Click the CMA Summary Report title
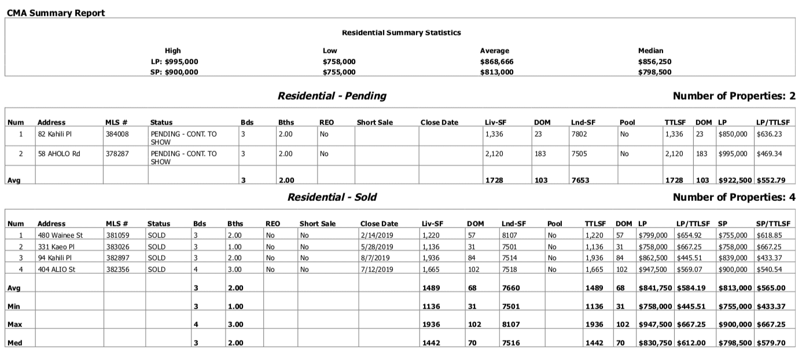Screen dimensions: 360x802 pos(56,13)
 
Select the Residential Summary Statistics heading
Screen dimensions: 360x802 pos(401,33)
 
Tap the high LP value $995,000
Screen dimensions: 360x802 pos(174,61)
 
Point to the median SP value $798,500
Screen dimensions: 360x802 pos(654,72)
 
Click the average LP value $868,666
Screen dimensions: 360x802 pos(496,61)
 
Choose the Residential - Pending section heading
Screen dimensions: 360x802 pos(332,96)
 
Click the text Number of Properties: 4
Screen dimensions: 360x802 pos(734,197)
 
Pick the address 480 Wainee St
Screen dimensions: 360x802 pos(60,236)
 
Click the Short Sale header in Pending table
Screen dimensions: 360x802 pos(374,122)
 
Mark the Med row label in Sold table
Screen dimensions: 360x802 pos(14,343)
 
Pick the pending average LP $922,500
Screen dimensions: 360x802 pos(734,181)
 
